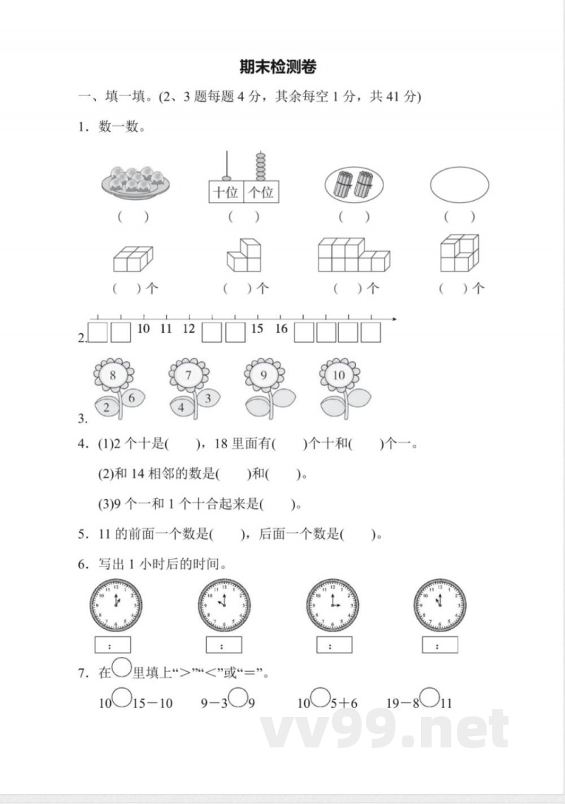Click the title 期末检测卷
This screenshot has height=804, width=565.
(278, 67)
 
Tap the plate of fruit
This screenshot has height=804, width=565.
(135, 182)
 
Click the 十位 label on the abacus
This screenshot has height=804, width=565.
(226, 192)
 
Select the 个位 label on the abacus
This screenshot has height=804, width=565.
(261, 192)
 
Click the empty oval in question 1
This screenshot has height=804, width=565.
(459, 185)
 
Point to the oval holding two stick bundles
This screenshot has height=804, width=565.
(353, 185)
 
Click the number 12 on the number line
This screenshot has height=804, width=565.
(189, 329)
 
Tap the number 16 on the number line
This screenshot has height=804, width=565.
(281, 329)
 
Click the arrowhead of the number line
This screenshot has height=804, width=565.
(394, 320)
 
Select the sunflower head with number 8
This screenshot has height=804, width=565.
(113, 375)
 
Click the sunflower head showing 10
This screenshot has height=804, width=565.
(339, 375)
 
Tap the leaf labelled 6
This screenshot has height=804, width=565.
(132, 398)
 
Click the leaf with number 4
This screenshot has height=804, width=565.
(182, 407)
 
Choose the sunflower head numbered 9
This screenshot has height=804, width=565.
(263, 375)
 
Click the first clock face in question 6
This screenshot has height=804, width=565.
(116, 605)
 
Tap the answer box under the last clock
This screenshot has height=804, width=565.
(439, 645)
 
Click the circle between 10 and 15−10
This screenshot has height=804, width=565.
(122, 699)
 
